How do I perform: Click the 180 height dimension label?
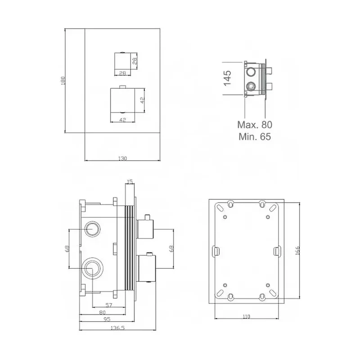coord(63,81)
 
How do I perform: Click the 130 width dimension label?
coord(122,158)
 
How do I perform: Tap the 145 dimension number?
coord(227,78)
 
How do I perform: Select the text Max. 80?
coord(255,125)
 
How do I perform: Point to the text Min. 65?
coord(255,137)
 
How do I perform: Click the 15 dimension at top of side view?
coord(130,182)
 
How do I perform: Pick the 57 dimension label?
coord(109,305)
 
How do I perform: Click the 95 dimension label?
coord(107,319)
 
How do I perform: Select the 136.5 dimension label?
coord(117,328)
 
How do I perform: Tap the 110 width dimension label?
coord(246,317)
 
